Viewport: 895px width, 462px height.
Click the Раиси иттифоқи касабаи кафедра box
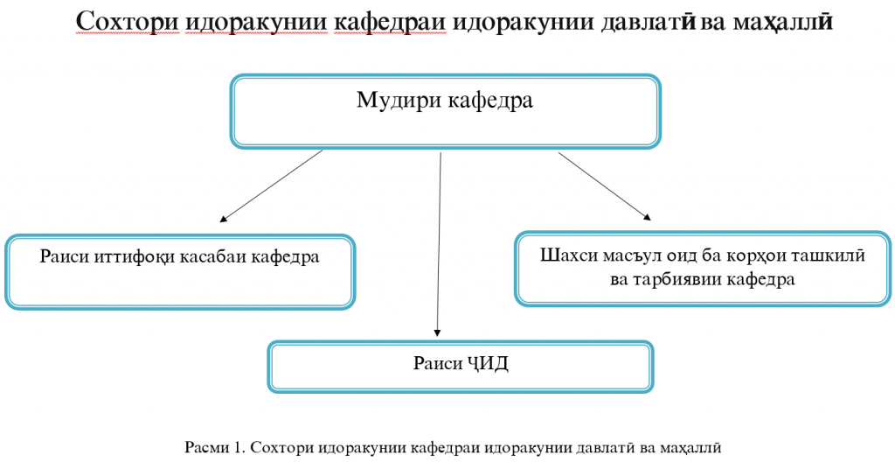[x=179, y=271]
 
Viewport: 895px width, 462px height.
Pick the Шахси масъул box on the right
[x=703, y=269]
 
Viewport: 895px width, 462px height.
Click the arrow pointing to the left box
[x=272, y=185]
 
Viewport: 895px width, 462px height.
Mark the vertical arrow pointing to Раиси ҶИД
[x=440, y=245]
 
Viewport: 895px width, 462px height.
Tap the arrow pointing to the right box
[x=605, y=185]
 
